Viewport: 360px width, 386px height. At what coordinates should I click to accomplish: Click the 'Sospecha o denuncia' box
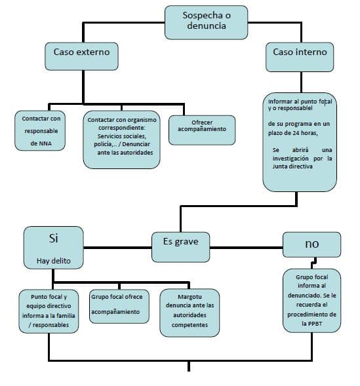206,22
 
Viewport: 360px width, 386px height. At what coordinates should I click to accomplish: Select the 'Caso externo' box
81,56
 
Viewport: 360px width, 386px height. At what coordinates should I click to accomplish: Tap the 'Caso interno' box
300,57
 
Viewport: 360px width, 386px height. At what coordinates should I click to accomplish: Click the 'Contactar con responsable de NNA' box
40,130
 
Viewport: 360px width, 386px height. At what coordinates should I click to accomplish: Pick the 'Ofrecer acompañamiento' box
202,130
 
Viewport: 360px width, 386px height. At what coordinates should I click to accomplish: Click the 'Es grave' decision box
181,247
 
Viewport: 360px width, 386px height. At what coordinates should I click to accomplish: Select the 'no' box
311,244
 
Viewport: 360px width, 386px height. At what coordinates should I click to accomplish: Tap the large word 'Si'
53,239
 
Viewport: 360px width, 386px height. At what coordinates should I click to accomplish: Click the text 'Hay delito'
54,261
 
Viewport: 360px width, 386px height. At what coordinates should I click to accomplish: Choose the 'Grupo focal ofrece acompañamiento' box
119,306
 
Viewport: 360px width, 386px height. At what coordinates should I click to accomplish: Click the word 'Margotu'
190,297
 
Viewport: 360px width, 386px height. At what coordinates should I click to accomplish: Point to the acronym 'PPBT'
315,324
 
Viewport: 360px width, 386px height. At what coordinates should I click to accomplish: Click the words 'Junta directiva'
292,166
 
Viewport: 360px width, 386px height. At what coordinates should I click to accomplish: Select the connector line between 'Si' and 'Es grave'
117,248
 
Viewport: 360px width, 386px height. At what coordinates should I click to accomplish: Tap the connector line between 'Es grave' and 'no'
247,248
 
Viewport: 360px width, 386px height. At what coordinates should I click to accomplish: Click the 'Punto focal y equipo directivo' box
49,311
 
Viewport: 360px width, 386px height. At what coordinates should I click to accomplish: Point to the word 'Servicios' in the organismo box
108,136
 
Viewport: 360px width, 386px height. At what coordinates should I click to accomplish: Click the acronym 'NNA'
45,144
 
